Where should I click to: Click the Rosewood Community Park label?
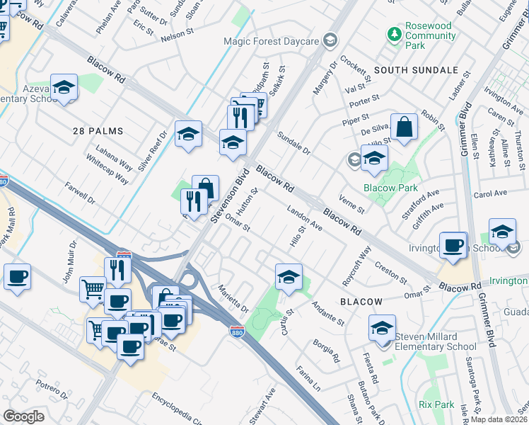(429, 35)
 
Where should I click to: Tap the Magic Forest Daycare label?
(272, 41)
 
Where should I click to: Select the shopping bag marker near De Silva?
(404, 128)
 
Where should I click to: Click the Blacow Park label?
(390, 188)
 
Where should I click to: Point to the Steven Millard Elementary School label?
(436, 341)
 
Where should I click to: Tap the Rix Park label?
(436, 404)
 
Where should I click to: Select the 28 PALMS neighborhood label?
(98, 131)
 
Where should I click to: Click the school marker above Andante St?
(289, 277)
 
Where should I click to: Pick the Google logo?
(23, 416)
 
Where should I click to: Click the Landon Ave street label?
(305, 219)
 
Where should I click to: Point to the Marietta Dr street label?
(233, 298)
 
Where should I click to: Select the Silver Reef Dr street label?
(152, 150)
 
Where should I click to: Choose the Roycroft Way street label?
(356, 266)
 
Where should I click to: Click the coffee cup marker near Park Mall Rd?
(17, 277)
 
